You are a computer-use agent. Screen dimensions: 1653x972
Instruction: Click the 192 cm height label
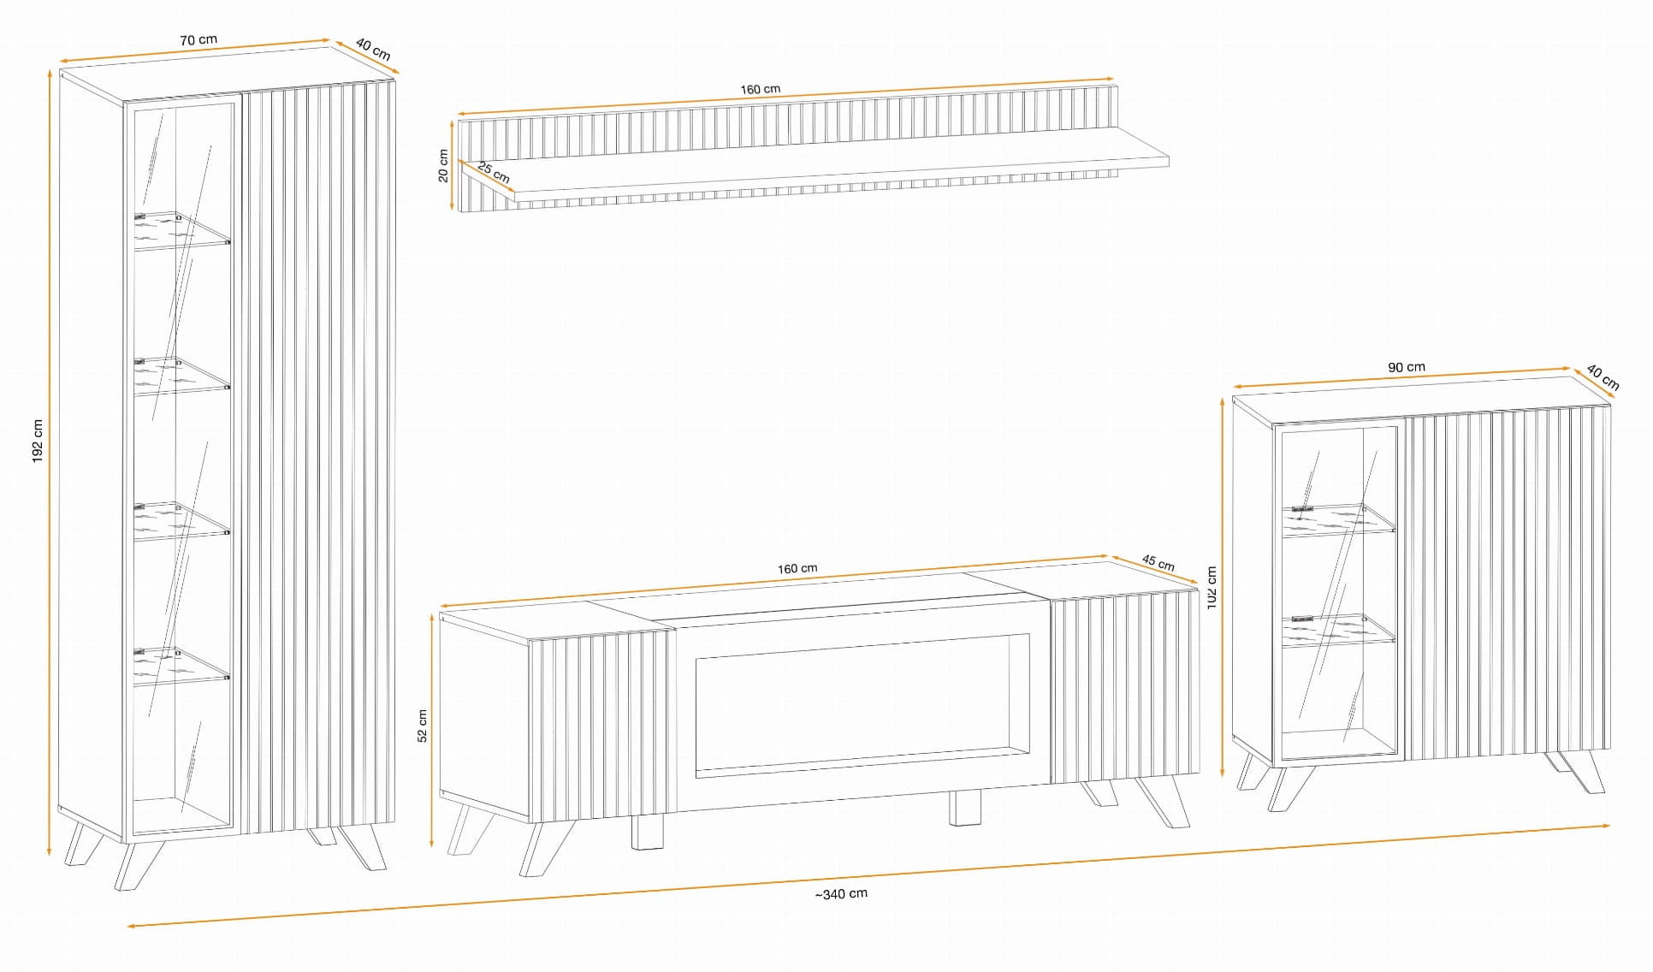click(x=38, y=442)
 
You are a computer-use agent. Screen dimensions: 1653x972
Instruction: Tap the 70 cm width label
click(x=198, y=40)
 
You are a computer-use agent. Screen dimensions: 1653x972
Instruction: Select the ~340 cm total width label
click(x=840, y=894)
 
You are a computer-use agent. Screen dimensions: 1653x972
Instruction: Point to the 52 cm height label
click(x=422, y=726)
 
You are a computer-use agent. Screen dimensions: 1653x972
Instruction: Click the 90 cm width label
click(x=1407, y=367)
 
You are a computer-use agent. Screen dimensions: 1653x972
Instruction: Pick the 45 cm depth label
click(x=1158, y=563)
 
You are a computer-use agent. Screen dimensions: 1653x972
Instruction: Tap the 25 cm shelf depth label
click(x=494, y=173)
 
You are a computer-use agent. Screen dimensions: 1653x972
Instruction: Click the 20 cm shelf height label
click(x=443, y=166)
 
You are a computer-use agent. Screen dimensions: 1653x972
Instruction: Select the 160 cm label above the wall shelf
click(x=761, y=89)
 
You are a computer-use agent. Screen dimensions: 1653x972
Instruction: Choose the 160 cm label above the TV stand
click(x=797, y=569)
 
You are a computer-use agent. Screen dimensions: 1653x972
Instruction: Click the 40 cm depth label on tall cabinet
click(x=373, y=49)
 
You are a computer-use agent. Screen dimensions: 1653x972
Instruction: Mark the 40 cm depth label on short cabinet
click(x=1603, y=376)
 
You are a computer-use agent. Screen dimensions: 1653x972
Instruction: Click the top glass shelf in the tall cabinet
click(x=181, y=230)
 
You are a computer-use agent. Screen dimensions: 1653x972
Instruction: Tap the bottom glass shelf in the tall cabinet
click(x=181, y=666)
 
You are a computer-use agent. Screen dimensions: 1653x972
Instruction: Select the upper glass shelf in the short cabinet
click(x=1338, y=519)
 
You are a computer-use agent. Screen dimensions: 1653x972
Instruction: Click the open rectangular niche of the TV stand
click(x=862, y=703)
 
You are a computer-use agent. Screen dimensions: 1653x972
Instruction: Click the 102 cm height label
click(x=1211, y=588)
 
